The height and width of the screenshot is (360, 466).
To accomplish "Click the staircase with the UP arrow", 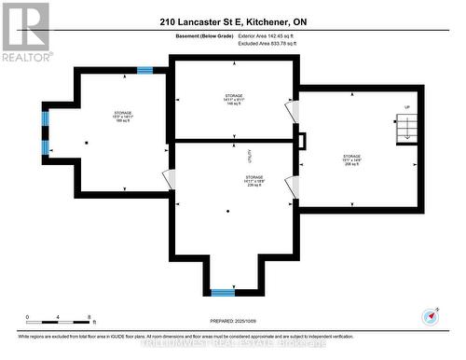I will (x=404, y=129).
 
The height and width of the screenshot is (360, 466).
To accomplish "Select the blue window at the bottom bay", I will (x=223, y=293).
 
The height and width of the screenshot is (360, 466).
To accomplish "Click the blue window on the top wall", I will (x=144, y=69).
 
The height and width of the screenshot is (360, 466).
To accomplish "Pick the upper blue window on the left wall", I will (x=45, y=118).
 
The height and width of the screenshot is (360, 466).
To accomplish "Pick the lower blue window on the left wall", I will (x=45, y=147).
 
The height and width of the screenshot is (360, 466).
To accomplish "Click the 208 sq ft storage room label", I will (x=351, y=159).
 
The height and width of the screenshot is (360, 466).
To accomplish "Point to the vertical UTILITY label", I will (x=250, y=153).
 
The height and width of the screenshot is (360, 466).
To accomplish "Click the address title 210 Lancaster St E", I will (x=232, y=21).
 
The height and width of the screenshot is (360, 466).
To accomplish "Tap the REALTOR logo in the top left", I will (x=25, y=30).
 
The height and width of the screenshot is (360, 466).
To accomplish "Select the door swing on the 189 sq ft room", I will (x=168, y=178).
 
